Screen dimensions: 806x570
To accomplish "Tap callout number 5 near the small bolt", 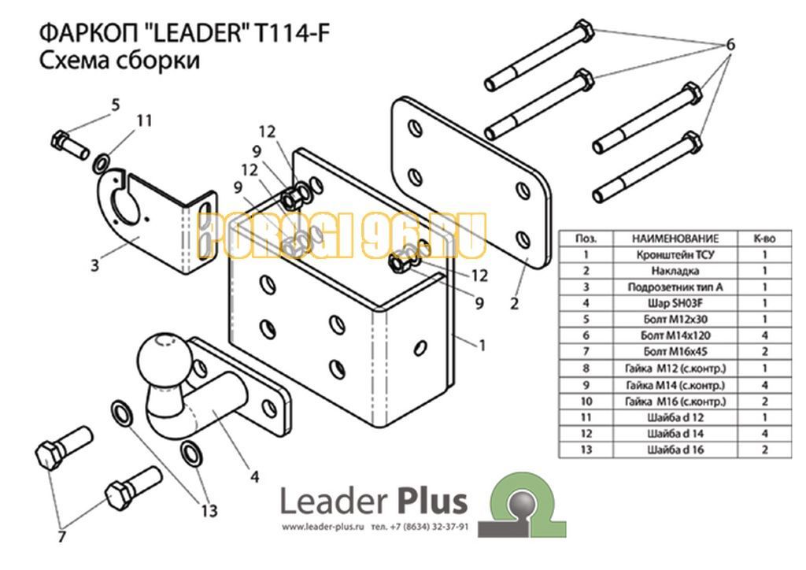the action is pos(116,105).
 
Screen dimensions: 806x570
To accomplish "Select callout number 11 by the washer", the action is pos(145,120).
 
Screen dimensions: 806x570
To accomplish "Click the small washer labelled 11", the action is pos(101,164).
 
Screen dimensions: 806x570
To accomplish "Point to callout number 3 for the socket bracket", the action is pos(95,265).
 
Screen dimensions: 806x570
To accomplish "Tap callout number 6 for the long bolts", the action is pos(730,45).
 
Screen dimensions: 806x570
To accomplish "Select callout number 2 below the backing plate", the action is pos(515,304).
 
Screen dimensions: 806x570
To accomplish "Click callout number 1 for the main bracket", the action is pos(482,346).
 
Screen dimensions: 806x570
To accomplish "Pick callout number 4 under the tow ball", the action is pos(254,477).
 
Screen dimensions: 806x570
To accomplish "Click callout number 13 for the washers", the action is pos(209,511).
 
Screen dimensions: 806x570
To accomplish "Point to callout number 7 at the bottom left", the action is pos(61,537).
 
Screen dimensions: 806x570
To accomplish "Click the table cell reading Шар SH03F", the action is pos(675,303).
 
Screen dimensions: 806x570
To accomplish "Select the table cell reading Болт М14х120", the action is pos(675,335).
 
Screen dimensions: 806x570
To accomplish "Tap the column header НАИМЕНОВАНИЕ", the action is pos(675,239).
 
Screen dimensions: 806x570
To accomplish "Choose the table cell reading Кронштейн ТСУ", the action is pos(675,254).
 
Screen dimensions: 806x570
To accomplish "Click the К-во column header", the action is pos(764,239).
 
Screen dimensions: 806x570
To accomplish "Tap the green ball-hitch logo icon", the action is pos(523,505).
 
